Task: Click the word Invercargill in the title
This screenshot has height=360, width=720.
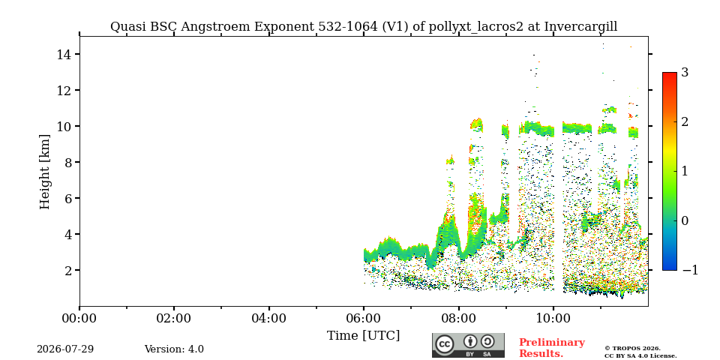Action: click(x=580, y=27)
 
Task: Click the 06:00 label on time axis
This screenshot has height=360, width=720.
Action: click(x=364, y=318)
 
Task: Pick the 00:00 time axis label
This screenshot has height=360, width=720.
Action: click(x=79, y=318)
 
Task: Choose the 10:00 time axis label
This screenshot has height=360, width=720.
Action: click(x=553, y=318)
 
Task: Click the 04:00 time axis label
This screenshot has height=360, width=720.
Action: click(x=269, y=318)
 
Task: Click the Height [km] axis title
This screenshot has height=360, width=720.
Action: click(x=44, y=172)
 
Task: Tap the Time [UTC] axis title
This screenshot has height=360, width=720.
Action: click(x=363, y=336)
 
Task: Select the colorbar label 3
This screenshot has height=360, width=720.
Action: click(x=685, y=73)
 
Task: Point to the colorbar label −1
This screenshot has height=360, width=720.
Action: click(x=690, y=270)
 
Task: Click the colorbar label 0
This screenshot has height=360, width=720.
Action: click(x=685, y=220)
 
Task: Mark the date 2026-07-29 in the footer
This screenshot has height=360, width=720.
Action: click(x=65, y=349)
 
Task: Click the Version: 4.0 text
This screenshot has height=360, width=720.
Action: click(x=174, y=349)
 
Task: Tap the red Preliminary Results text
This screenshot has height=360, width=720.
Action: click(x=552, y=348)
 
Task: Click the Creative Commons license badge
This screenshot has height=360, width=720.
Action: click(x=468, y=345)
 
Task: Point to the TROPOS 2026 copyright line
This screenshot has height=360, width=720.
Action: click(x=632, y=349)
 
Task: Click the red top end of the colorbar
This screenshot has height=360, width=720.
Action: click(x=670, y=73)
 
